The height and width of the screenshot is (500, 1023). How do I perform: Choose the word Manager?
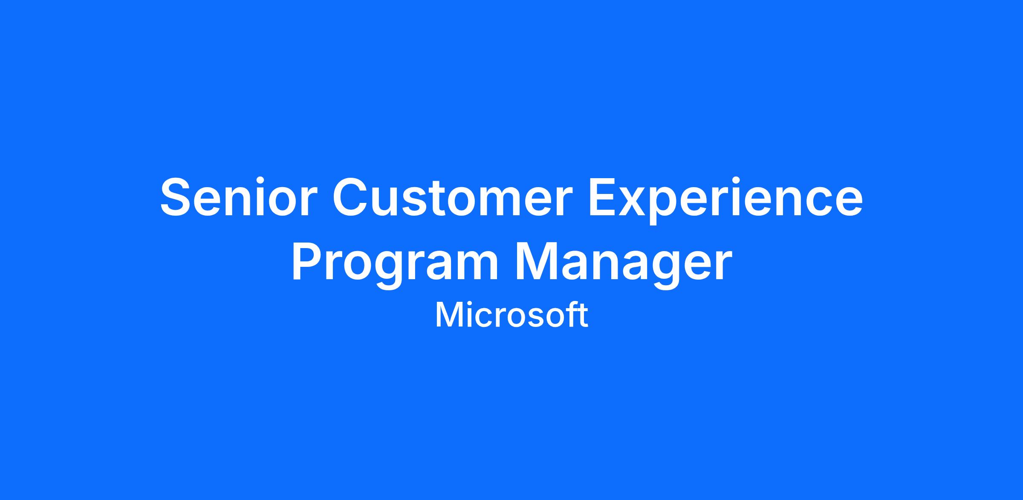pyautogui.click(x=624, y=265)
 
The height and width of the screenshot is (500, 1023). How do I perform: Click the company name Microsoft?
pyautogui.click(x=511, y=315)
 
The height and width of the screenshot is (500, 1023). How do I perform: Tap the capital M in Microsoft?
pyautogui.click(x=447, y=316)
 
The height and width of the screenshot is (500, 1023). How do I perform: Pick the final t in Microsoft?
pyautogui.click(x=584, y=317)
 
